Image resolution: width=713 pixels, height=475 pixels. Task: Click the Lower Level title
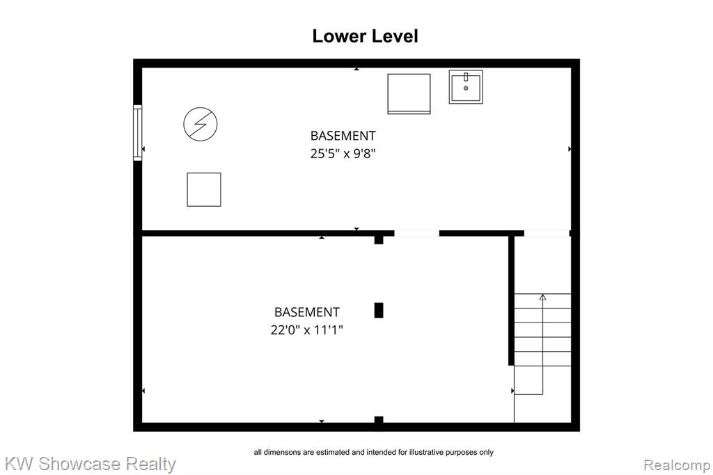[x=365, y=36]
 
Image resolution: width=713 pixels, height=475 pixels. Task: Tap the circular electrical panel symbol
[x=201, y=124]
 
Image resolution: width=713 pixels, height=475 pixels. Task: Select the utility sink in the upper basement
[x=466, y=87]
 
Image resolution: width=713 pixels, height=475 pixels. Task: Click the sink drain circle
[x=466, y=88]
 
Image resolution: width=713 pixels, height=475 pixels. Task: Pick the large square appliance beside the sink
[x=409, y=94]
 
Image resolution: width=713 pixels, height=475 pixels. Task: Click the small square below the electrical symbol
[x=204, y=189]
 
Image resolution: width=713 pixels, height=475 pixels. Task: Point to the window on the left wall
[x=137, y=133]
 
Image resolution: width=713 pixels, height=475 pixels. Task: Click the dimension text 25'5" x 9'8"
[x=343, y=154]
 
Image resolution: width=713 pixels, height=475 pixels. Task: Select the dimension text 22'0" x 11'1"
[x=306, y=330]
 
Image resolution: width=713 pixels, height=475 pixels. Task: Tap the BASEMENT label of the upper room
[x=343, y=136]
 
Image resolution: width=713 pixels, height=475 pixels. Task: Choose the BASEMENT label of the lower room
[x=307, y=312]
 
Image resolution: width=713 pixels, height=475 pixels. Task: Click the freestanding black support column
[x=379, y=311]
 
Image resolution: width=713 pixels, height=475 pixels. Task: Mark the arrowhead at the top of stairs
[x=542, y=297]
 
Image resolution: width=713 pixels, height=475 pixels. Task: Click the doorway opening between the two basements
[x=416, y=233]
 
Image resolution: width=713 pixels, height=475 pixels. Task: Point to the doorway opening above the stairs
[x=547, y=233]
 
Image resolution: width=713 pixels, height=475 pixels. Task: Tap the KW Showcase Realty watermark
[x=90, y=464]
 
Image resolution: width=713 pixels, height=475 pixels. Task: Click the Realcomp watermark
[x=677, y=465]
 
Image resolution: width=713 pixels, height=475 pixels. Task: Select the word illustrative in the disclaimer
[x=425, y=452]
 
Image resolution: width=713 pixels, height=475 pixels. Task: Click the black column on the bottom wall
[x=379, y=420]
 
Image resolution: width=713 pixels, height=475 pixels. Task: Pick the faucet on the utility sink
[x=466, y=77]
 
